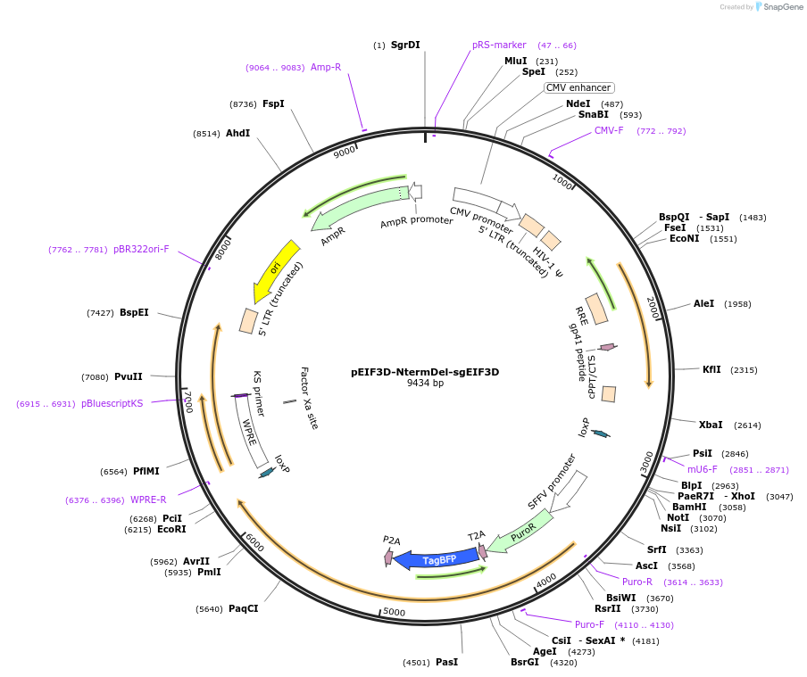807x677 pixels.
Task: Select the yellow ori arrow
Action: coord(276,268)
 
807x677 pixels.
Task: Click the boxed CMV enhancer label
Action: coord(578,87)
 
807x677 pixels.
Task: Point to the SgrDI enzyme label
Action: coord(405,45)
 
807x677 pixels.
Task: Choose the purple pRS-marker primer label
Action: coord(499,45)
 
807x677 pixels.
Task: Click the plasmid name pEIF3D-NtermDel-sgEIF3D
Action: coord(425,372)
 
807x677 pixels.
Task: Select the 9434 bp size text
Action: coord(425,384)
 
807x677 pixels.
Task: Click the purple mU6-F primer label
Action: coord(702,469)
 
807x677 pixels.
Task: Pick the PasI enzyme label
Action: coord(446,662)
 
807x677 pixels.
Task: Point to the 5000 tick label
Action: coord(394,613)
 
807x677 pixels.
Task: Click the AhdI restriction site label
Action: coord(237,133)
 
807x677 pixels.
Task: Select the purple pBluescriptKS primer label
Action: coord(112,403)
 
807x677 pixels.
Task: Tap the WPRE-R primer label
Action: coord(148,499)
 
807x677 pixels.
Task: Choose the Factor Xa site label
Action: coord(309,398)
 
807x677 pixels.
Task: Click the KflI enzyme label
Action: coord(711,369)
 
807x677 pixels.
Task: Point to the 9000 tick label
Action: coord(345,153)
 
